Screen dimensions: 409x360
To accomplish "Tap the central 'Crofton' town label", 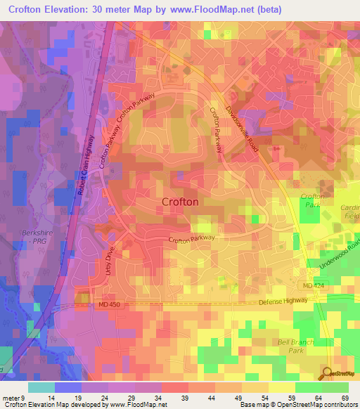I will (180, 202).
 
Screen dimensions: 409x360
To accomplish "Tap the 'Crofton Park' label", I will (312, 200).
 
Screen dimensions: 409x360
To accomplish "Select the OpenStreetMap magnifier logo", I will (328, 373).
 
